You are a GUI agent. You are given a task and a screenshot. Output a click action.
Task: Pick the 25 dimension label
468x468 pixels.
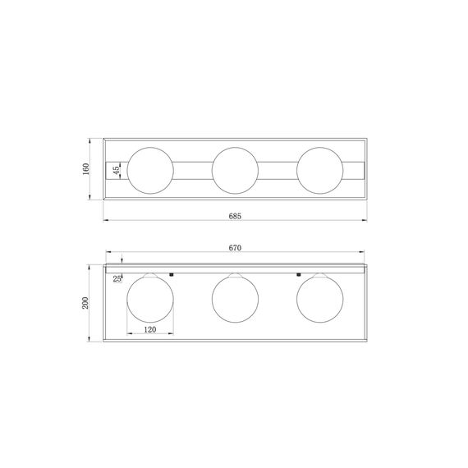tap(117, 279)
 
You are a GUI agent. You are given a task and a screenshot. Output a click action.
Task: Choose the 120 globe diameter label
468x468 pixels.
tap(150, 328)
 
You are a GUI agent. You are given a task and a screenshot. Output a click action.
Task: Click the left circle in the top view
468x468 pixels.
tap(150, 168)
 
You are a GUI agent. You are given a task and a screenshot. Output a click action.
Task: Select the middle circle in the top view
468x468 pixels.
tap(235, 168)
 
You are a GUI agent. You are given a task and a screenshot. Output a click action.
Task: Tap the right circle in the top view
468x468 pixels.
tap(319, 168)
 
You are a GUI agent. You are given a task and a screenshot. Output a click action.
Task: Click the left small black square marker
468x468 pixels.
tap(172, 273)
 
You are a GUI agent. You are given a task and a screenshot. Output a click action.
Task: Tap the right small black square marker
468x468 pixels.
tap(298, 273)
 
